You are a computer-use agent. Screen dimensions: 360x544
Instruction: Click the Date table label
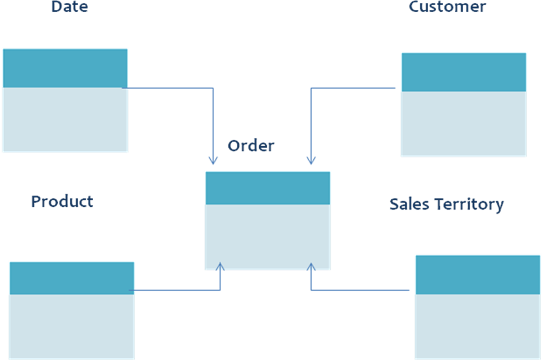point(69,7)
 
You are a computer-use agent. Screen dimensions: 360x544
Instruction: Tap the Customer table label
point(447,7)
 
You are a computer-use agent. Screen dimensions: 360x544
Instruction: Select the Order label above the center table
point(250,146)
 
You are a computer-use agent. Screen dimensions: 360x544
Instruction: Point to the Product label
point(62,202)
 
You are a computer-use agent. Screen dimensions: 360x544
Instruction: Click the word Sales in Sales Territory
point(405,204)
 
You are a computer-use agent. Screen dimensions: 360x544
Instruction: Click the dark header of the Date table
point(65,68)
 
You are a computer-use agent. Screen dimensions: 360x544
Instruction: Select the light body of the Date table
point(65,119)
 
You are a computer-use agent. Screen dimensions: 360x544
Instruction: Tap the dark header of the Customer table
point(464,72)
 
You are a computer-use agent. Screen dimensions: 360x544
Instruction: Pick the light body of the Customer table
point(464,124)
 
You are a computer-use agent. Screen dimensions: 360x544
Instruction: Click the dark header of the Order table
point(267,188)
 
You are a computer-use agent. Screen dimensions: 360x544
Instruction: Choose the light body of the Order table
point(267,237)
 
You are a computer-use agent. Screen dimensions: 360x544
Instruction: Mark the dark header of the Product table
point(72,278)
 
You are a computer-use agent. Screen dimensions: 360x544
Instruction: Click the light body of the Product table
point(72,326)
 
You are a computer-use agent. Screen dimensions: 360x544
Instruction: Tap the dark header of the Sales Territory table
point(478,274)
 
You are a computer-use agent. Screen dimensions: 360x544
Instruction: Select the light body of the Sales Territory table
point(478,326)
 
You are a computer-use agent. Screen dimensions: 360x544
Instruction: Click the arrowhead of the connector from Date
point(213,160)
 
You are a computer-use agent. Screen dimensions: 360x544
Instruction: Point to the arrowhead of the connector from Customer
point(311,160)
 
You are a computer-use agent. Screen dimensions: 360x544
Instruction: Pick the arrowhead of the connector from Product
point(220,267)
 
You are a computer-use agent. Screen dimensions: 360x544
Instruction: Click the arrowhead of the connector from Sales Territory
point(311,267)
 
